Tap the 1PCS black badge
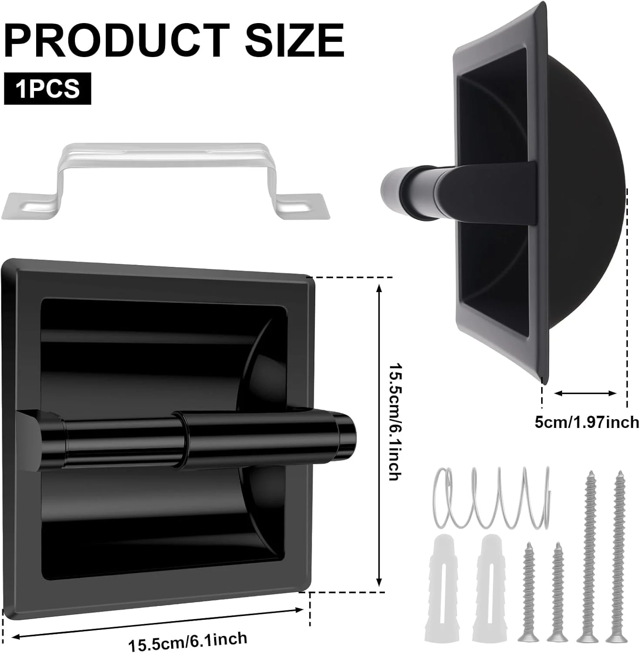[47, 89]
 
